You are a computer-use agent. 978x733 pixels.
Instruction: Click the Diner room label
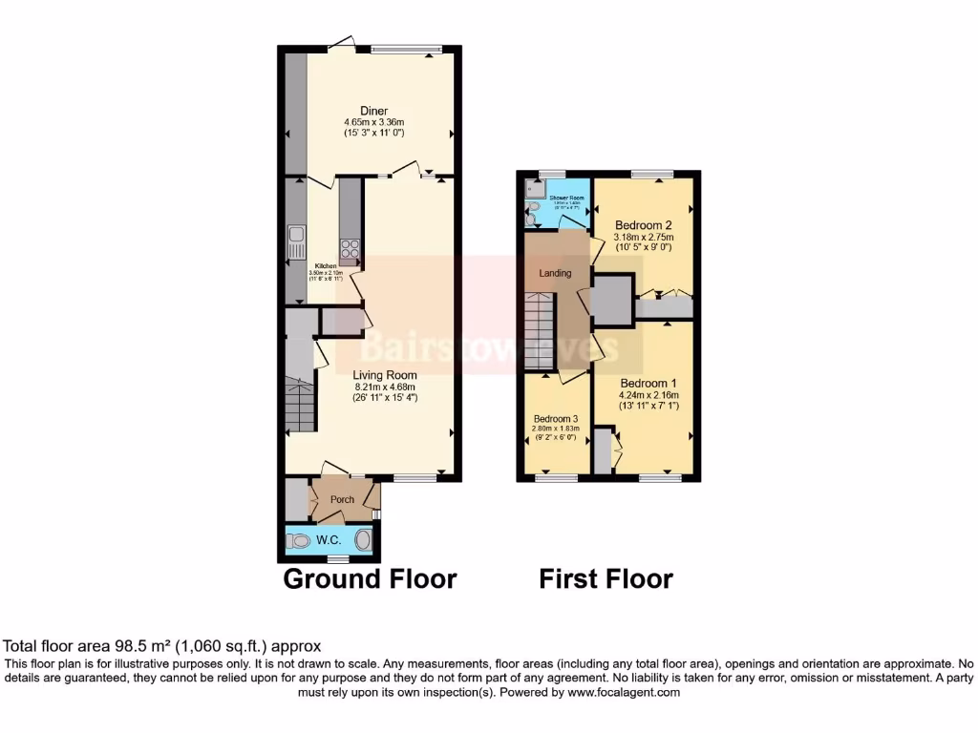[x=373, y=111]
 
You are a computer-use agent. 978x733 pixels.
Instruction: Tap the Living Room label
[x=385, y=374]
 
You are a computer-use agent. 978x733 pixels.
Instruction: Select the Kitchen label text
[x=326, y=264]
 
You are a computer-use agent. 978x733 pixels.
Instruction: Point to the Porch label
[x=342, y=499]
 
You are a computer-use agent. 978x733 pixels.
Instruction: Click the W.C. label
[x=330, y=540]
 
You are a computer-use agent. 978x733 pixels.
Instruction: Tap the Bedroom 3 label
[x=555, y=419]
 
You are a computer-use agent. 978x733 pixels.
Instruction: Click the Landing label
[x=555, y=273]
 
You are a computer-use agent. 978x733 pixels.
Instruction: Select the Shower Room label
[x=565, y=198]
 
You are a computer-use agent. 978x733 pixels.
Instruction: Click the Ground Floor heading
[x=370, y=578]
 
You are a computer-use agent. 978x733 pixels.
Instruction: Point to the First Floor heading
[x=606, y=578]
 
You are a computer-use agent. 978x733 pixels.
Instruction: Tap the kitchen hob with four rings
[x=351, y=249]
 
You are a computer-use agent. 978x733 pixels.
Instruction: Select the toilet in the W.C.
[x=299, y=541]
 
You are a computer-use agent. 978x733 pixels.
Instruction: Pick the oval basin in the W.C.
[x=364, y=540]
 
